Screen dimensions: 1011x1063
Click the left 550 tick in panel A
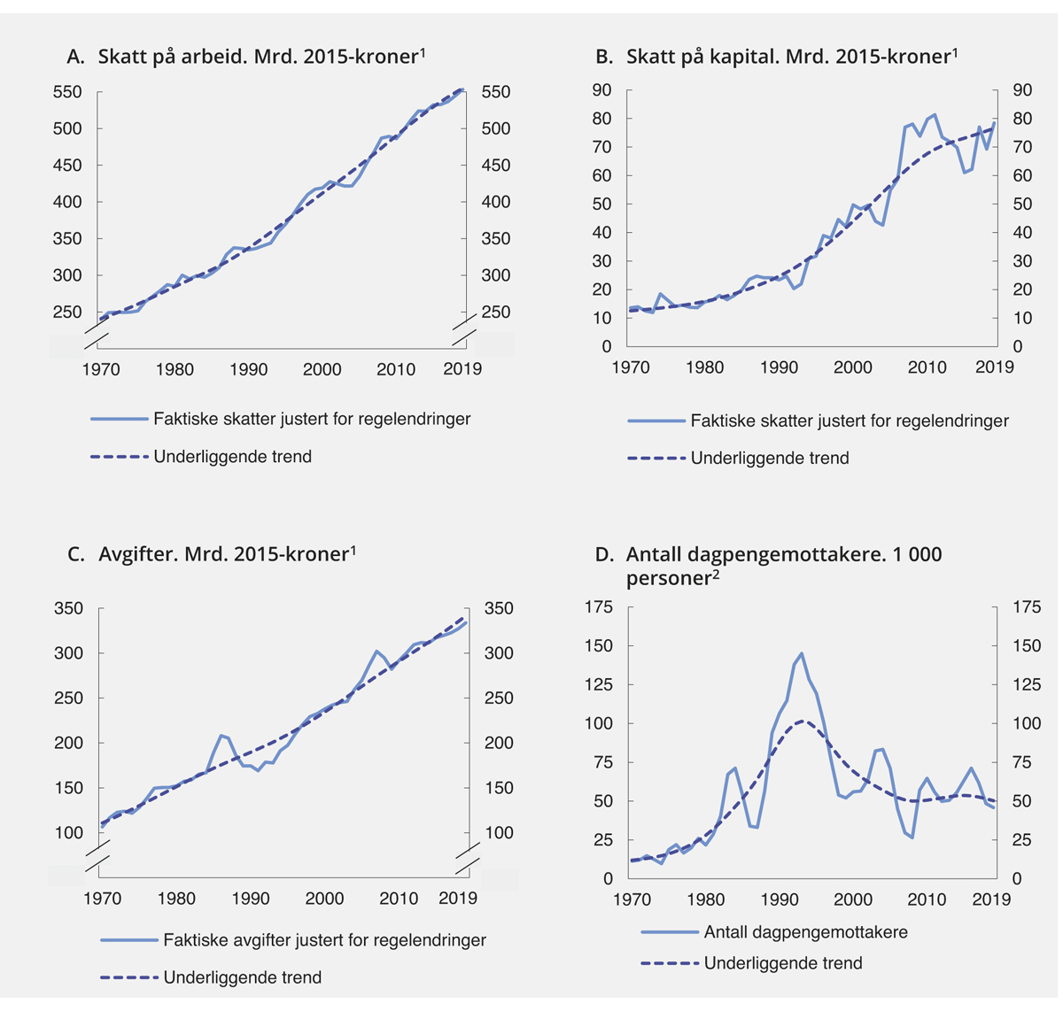coord(66,92)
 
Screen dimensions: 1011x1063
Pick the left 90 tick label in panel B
coord(602,89)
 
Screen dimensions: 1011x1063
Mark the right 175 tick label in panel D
coord(1027,607)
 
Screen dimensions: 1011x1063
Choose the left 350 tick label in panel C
coord(68,608)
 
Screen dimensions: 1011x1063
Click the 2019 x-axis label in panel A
coord(462,369)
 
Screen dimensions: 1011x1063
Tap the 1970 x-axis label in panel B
coord(631,367)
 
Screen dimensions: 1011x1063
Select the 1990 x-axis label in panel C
coord(251,899)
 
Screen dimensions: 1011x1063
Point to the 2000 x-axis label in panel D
coord(853,899)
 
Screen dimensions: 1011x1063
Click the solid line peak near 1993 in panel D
coord(801,653)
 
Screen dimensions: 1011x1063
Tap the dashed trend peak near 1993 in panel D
coord(801,721)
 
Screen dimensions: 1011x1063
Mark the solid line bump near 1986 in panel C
coord(221,735)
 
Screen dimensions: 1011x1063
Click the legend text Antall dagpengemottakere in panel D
coord(805,931)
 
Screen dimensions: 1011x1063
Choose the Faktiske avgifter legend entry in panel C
coord(324,940)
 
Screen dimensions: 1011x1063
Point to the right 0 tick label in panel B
coord(1017,347)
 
